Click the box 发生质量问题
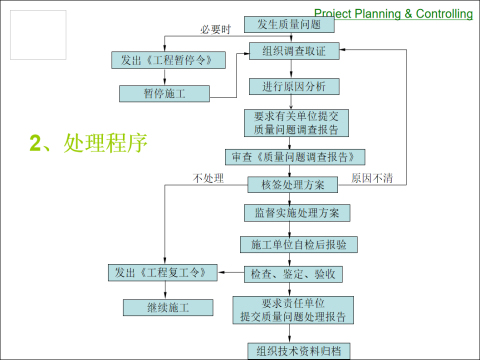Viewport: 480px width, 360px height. pos(289,23)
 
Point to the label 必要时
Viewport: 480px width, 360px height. pos(215,30)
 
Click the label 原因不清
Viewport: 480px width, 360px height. pos(372,179)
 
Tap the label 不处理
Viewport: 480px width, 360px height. pos(207,179)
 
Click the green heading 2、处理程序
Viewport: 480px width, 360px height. pos(89,143)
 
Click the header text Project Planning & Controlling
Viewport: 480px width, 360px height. pos(401,13)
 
